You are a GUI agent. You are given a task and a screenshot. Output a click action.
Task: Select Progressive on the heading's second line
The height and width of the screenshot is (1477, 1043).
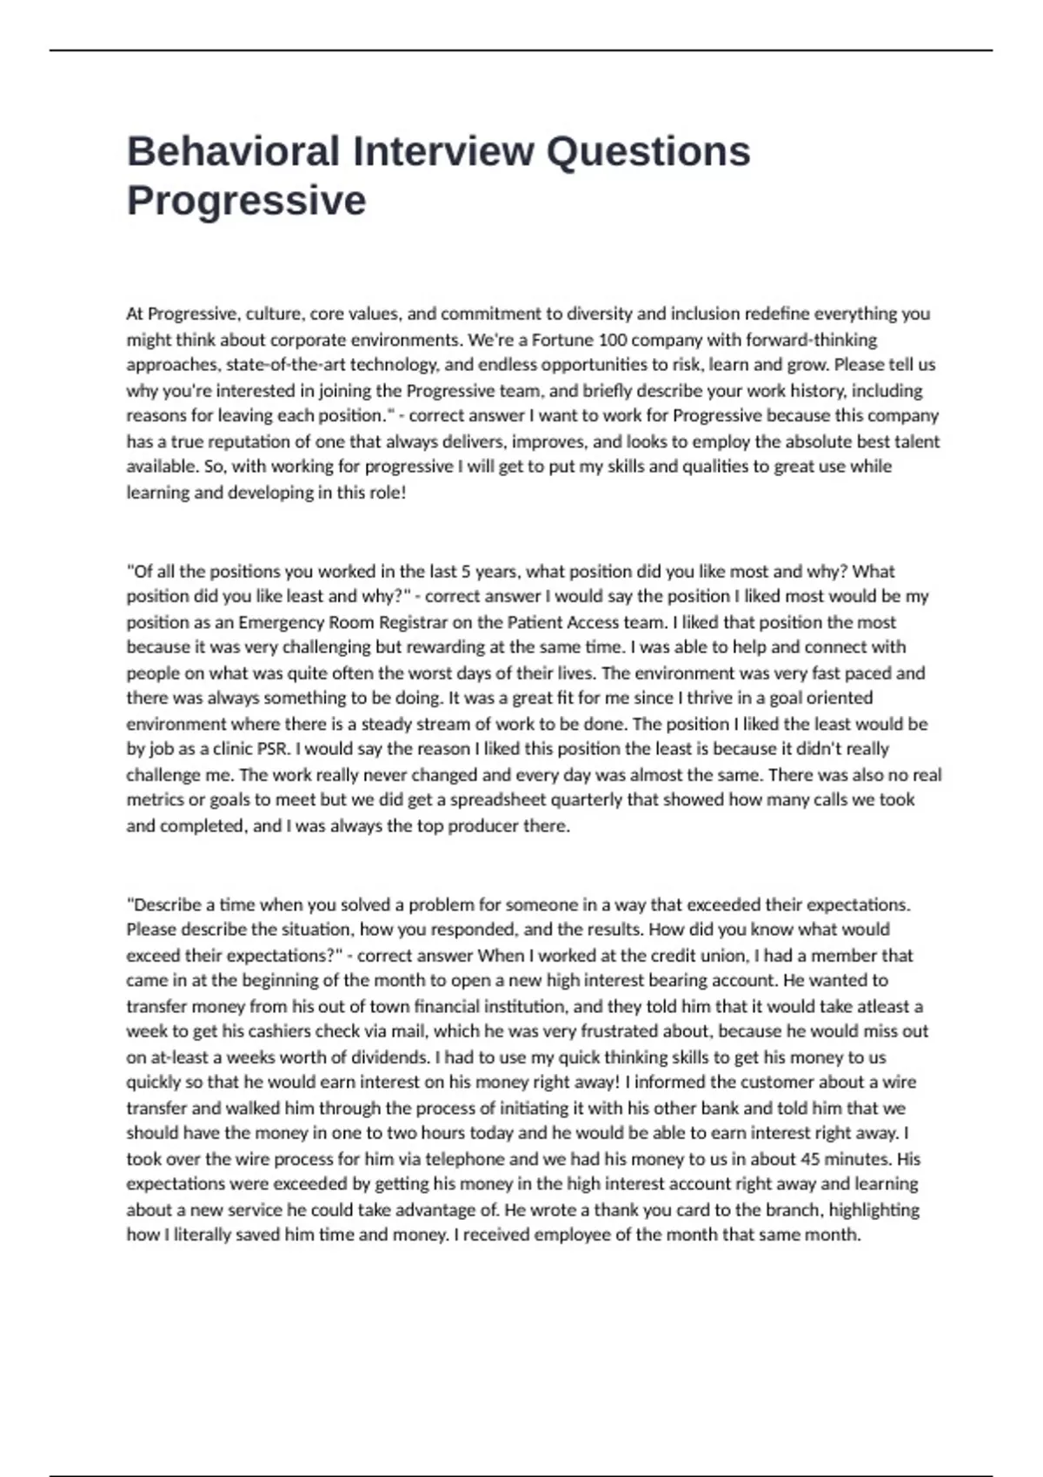click(x=246, y=201)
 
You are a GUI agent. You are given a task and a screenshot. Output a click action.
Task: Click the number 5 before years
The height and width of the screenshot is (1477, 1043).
click(x=466, y=572)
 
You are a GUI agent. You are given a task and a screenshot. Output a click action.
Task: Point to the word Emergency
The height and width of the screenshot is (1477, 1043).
click(x=280, y=622)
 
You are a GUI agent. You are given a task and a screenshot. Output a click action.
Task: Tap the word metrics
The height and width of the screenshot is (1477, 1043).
click(x=155, y=799)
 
